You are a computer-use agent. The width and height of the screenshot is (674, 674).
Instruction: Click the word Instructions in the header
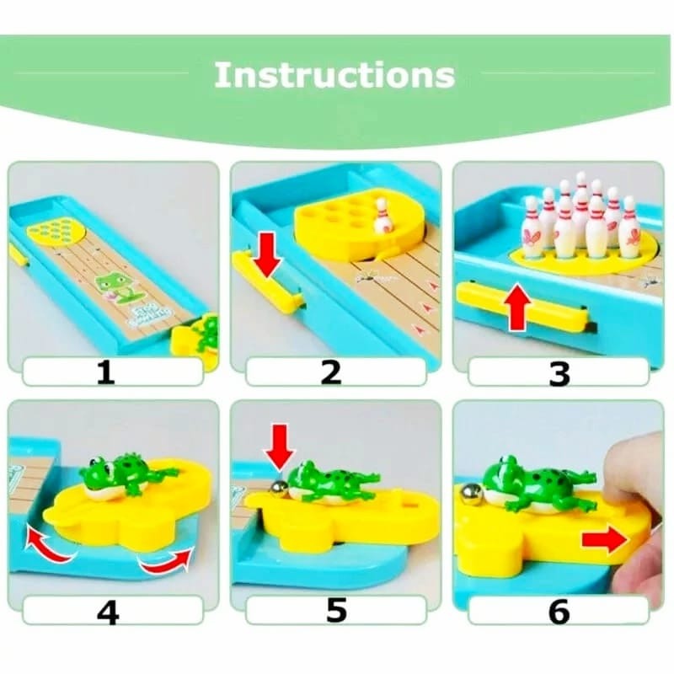click(x=334, y=75)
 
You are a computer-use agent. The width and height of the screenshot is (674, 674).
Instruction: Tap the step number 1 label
click(x=106, y=372)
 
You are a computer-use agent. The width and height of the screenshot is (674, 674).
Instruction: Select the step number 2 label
click(x=331, y=372)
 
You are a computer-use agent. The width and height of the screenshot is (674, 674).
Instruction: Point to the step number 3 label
click(x=559, y=373)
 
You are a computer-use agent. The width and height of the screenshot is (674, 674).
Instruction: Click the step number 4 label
click(x=108, y=612)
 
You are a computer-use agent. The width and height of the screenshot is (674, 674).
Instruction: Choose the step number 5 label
click(x=336, y=611)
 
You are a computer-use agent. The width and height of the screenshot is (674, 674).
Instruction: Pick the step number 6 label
click(x=559, y=612)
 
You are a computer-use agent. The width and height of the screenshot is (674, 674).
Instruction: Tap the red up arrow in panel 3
click(x=517, y=308)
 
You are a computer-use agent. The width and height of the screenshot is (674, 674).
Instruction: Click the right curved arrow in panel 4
click(x=166, y=560)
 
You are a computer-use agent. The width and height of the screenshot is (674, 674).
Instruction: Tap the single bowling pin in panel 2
click(x=382, y=217)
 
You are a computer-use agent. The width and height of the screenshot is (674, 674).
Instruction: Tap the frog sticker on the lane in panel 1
click(x=114, y=286)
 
